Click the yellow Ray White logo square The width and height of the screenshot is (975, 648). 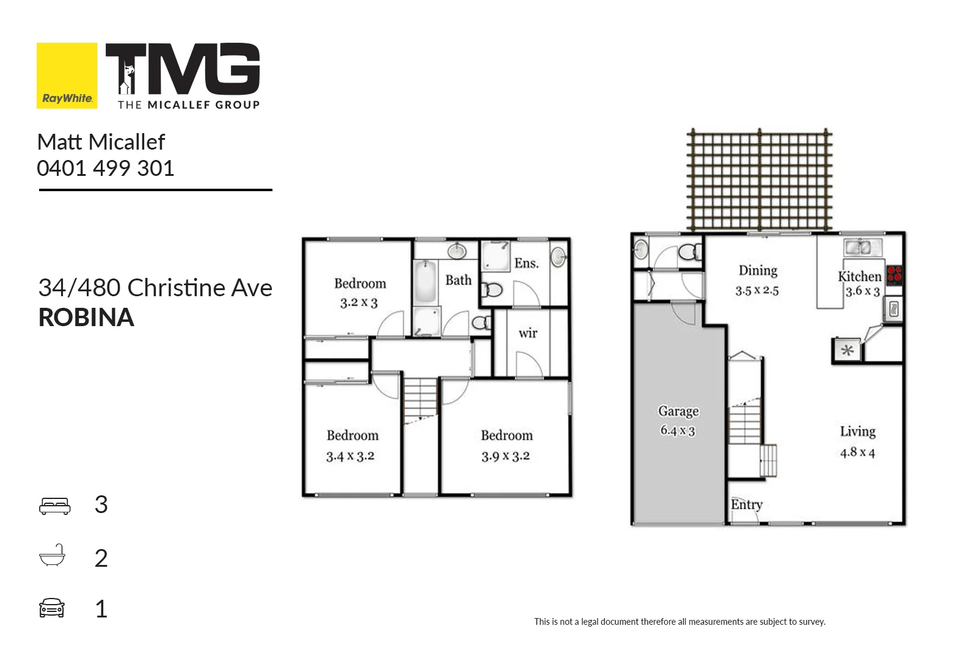pyautogui.click(x=67, y=75)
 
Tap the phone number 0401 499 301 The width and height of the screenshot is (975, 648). pyautogui.click(x=106, y=169)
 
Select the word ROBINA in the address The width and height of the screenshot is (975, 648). pyautogui.click(x=86, y=318)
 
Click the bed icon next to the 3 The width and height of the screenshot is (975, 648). pyautogui.click(x=54, y=506)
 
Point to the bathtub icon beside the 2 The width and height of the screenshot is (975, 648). pyautogui.click(x=52, y=556)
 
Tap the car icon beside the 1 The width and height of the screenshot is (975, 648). pyautogui.click(x=52, y=608)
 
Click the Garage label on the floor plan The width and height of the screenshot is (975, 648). pyautogui.click(x=678, y=412)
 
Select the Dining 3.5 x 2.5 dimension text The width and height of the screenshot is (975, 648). pyautogui.click(x=757, y=291)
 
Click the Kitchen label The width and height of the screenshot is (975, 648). pyautogui.click(x=859, y=277)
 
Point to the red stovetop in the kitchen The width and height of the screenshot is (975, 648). pyautogui.click(x=894, y=274)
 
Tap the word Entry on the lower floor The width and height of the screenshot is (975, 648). pyautogui.click(x=747, y=504)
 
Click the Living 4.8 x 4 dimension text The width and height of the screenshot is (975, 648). pyautogui.click(x=857, y=453)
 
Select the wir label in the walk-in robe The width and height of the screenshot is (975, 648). pyautogui.click(x=528, y=333)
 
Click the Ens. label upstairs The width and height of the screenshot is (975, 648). pyautogui.click(x=526, y=263)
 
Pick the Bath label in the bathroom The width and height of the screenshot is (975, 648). pyautogui.click(x=458, y=280)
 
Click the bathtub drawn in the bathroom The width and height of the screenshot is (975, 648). pyautogui.click(x=425, y=282)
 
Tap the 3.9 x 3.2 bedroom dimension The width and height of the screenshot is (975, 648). pyautogui.click(x=505, y=456)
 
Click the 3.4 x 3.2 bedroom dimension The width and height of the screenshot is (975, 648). pyautogui.click(x=350, y=456)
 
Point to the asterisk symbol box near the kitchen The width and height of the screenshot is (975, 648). pyautogui.click(x=847, y=351)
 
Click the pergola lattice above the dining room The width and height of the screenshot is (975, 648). pyautogui.click(x=759, y=179)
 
